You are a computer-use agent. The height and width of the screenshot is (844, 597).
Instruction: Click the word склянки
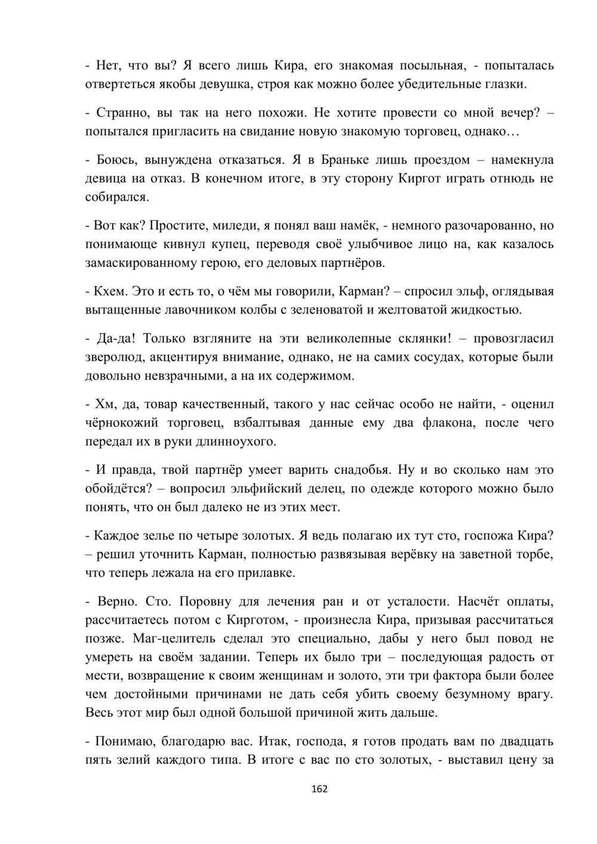(423, 338)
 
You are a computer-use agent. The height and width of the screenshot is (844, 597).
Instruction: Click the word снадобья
(349, 470)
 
